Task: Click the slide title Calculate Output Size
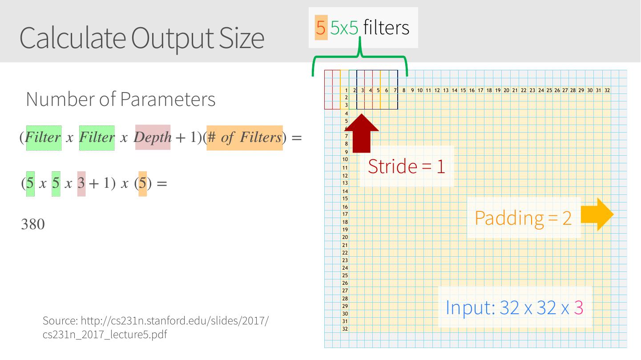(141, 37)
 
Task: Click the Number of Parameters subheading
(121, 99)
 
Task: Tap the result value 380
(33, 224)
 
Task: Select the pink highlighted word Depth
(153, 137)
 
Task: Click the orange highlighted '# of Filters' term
(244, 138)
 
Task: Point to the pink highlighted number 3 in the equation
(81, 183)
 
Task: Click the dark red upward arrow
(362, 133)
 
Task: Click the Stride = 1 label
(406, 166)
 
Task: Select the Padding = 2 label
(523, 218)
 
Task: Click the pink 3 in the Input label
(578, 307)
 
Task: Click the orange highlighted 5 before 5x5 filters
(321, 28)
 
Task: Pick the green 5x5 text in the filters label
(344, 28)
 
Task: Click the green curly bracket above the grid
(359, 60)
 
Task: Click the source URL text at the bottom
(156, 327)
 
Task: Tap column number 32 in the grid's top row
(607, 90)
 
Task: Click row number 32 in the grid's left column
(345, 329)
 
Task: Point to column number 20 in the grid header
(506, 90)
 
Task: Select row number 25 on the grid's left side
(345, 275)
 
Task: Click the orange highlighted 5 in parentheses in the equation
(142, 183)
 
